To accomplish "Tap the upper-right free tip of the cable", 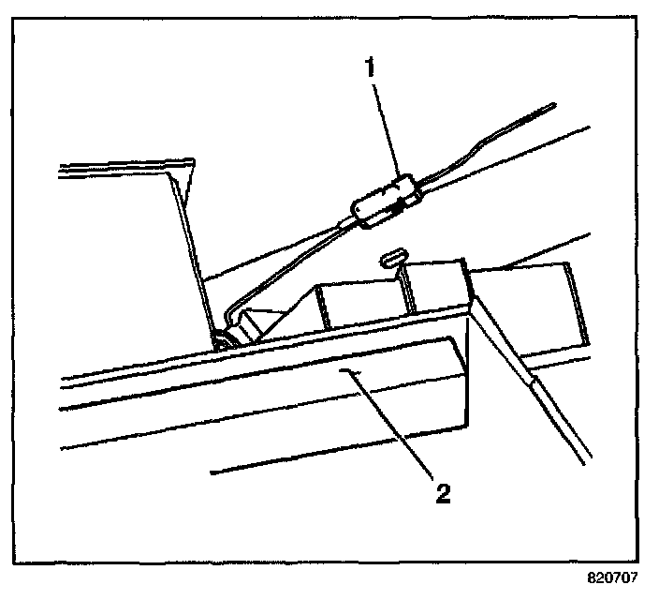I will point(553,106).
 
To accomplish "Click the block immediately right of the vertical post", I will point(438,292).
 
